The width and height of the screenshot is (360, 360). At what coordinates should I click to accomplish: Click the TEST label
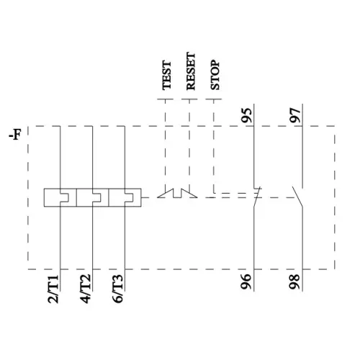167,76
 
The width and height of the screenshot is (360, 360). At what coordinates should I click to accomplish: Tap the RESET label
191,71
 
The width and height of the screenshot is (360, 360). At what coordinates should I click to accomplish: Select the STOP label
215,75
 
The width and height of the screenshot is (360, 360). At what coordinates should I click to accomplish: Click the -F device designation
15,135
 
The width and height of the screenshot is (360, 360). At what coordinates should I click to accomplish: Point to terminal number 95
247,115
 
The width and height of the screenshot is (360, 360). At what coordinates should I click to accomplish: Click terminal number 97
295,115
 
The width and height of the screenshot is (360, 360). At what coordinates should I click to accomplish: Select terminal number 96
246,282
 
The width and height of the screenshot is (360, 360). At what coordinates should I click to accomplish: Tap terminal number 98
295,282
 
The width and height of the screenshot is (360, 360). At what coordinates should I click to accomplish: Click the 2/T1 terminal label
53,289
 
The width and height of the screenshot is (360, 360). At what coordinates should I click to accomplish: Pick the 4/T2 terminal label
86,289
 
